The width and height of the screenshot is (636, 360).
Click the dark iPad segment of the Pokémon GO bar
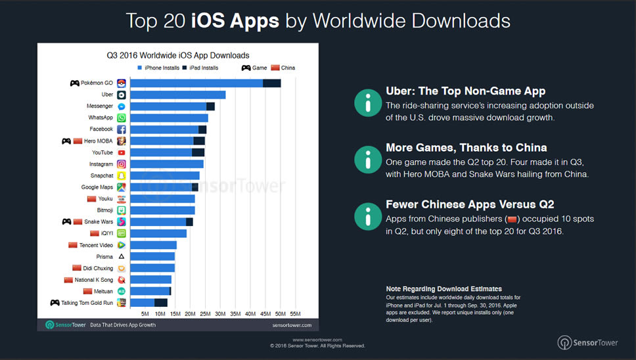[x=271, y=83]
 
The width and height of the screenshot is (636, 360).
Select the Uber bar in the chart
[x=177, y=95]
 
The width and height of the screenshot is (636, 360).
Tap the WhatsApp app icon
[x=122, y=118]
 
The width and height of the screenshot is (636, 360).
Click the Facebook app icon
[x=122, y=129]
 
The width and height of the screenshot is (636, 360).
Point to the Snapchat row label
[x=101, y=175]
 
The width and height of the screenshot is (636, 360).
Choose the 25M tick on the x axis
[x=205, y=314]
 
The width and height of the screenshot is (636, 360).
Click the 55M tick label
[x=296, y=314]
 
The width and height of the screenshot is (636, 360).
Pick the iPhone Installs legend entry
[x=157, y=68]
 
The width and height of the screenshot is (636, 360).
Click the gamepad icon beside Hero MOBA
[x=66, y=141]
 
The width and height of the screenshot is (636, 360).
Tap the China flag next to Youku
[x=91, y=198]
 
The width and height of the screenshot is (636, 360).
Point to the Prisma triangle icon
[x=122, y=256]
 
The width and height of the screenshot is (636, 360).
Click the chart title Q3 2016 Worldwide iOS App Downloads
[x=177, y=55]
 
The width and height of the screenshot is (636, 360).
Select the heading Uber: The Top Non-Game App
[x=465, y=91]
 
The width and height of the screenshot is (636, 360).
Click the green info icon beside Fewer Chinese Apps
[x=367, y=215]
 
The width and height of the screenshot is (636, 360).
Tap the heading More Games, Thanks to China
[x=466, y=147]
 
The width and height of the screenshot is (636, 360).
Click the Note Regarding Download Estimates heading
[x=443, y=288]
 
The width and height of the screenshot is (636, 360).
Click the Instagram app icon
[x=122, y=164]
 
